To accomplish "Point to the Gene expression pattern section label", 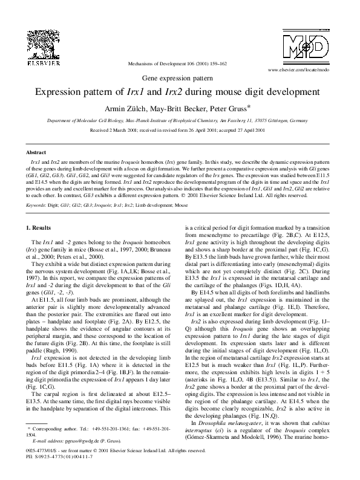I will (180, 79).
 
